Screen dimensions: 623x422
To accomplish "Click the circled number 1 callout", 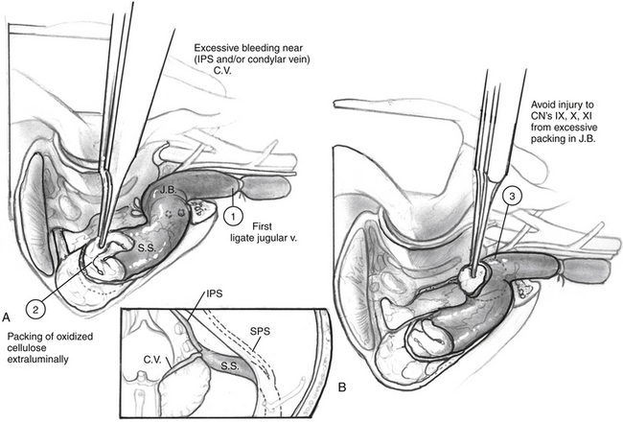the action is (233, 217).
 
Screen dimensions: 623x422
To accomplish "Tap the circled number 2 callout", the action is (35, 309).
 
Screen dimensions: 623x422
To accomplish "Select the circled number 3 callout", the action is (513, 198).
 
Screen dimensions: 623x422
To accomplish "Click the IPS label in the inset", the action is (214, 294).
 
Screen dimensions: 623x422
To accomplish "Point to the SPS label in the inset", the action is (261, 331).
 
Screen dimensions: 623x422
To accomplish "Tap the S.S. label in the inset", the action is (230, 366).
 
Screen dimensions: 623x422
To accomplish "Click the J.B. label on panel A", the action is (169, 190).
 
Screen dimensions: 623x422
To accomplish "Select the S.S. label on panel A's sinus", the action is (146, 247).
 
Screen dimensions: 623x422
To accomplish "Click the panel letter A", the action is (6, 316).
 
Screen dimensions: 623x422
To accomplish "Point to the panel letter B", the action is (342, 387).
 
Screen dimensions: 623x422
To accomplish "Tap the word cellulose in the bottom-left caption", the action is (26, 348).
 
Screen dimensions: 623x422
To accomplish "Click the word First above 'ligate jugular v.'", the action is (263, 226).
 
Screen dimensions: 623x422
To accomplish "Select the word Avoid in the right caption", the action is (542, 105).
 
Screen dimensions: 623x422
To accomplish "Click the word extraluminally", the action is (38, 360).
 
